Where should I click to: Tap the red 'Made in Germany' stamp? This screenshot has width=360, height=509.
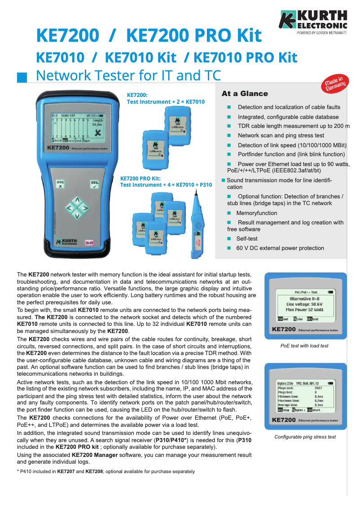[x=335, y=83]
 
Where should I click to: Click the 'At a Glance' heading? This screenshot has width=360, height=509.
[x=245, y=94]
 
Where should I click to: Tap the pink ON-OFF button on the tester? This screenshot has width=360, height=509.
[x=89, y=242]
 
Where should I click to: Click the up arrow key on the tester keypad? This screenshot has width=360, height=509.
[x=77, y=199]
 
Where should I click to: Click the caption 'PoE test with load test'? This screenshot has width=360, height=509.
[x=304, y=346]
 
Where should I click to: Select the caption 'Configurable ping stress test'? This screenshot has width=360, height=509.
[x=305, y=437]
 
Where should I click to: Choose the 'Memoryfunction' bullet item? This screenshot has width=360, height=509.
[x=257, y=213]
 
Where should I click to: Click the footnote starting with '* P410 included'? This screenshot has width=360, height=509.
[x=105, y=472]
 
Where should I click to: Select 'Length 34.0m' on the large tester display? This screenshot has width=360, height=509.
[x=97, y=123]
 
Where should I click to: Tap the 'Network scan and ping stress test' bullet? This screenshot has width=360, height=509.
[x=281, y=136]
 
